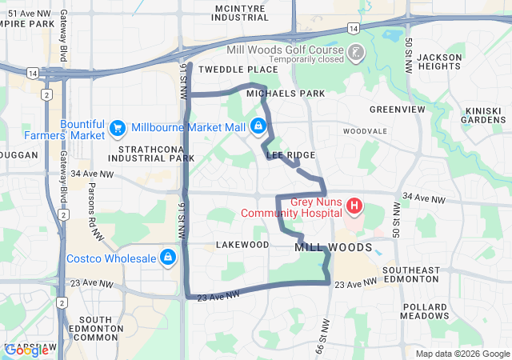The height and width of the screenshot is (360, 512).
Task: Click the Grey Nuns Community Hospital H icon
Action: click(354, 207)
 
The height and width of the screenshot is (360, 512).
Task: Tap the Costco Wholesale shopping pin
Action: click(168, 258)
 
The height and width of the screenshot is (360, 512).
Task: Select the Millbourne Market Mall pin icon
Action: click(258, 126)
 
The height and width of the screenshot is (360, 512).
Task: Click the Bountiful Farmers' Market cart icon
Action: click(118, 127)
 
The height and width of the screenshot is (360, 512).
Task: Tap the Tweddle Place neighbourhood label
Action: click(238, 70)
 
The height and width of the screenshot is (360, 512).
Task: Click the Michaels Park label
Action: click(286, 94)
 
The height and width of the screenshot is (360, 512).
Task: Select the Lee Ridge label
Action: click(290, 154)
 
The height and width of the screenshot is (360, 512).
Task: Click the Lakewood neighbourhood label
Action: click(242, 244)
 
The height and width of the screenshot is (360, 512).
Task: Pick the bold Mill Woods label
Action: click(334, 248)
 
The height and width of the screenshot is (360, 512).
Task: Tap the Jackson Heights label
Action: click(439, 62)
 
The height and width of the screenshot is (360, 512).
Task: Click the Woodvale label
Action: click(364, 130)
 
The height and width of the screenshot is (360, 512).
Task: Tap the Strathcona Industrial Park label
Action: click(156, 154)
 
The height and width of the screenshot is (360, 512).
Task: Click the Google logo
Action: click(26, 350)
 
